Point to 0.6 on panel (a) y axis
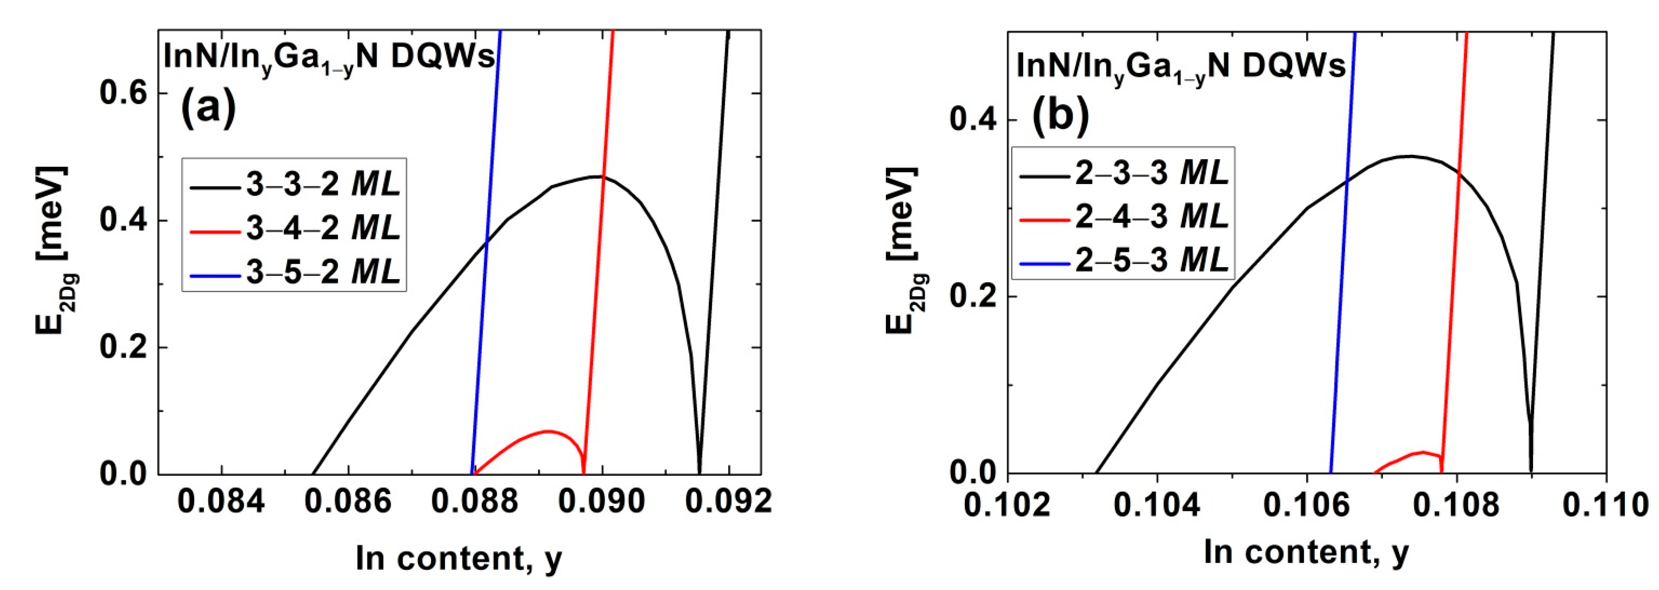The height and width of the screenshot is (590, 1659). point(124,94)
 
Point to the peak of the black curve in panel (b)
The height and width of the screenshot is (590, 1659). point(1409,156)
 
